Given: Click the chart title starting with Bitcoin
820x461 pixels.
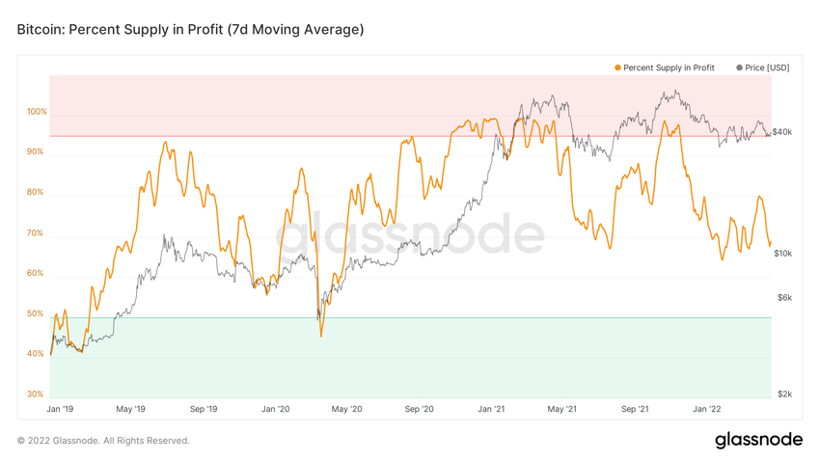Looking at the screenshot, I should (190, 30).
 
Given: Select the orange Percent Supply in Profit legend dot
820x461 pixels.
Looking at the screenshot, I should (617, 68).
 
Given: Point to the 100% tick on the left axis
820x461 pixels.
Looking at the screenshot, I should (37, 112).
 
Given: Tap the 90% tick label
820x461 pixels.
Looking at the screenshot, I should (36, 152).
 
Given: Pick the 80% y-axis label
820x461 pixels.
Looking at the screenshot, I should (36, 193).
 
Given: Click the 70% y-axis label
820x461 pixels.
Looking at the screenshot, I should (36, 233).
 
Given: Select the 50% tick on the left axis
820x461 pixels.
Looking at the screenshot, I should (36, 314).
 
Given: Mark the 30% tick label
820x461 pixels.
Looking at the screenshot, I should (36, 394).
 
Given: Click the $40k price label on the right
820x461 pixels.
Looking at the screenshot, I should (782, 132).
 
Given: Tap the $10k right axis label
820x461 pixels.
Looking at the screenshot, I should (782, 254).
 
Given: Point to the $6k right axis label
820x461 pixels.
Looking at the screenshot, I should (784, 297).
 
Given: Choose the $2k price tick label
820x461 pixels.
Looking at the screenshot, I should (784, 394).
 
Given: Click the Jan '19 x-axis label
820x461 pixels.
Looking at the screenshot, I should (60, 409).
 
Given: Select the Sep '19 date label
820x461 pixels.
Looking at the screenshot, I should (204, 409).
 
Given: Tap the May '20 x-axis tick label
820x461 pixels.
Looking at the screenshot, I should (346, 409).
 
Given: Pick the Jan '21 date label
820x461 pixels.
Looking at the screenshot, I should (491, 409).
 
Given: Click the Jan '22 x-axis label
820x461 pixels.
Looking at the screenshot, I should (707, 409).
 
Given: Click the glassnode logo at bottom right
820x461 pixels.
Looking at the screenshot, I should (758, 440).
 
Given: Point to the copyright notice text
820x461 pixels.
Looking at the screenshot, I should (103, 441).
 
